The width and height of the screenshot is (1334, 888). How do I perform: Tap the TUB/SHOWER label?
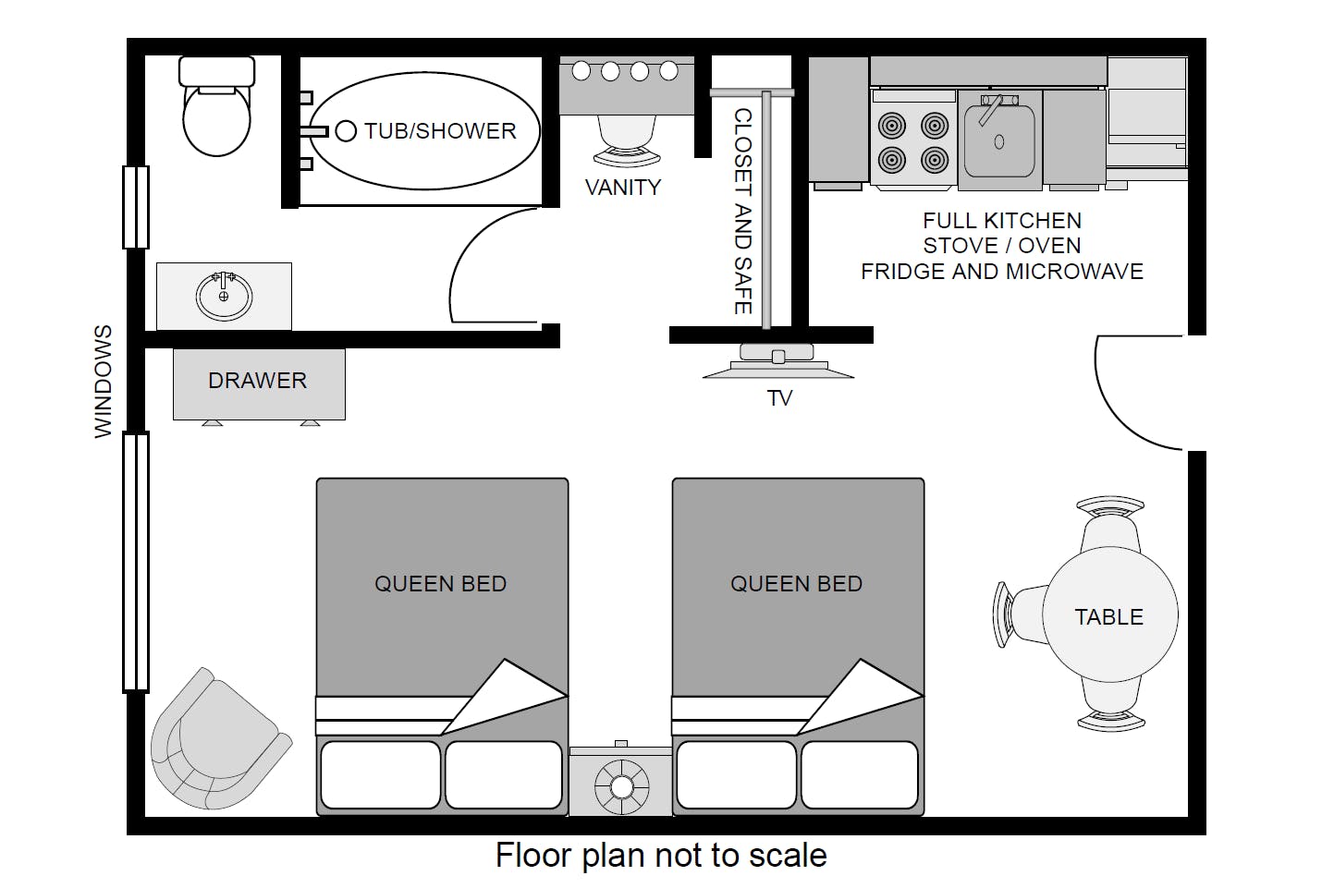tap(440, 131)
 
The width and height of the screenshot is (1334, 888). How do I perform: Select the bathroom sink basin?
tap(224, 297)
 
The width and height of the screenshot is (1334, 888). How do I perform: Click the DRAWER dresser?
tap(259, 383)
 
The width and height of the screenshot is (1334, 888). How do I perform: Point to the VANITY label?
tap(623, 188)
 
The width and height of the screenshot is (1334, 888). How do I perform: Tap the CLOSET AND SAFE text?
tap(742, 211)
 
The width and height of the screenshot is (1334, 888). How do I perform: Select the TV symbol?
tap(778, 362)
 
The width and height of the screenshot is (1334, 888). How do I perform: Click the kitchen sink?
tap(999, 140)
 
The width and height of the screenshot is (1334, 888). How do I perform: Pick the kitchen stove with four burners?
tap(913, 141)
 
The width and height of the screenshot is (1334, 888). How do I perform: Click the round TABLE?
tap(1109, 616)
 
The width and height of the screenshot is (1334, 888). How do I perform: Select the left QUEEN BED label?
tap(440, 584)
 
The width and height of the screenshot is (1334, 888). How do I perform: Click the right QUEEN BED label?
tap(796, 584)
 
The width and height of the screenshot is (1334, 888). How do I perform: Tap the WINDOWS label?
tap(103, 381)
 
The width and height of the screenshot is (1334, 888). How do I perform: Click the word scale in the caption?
tap(788, 856)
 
